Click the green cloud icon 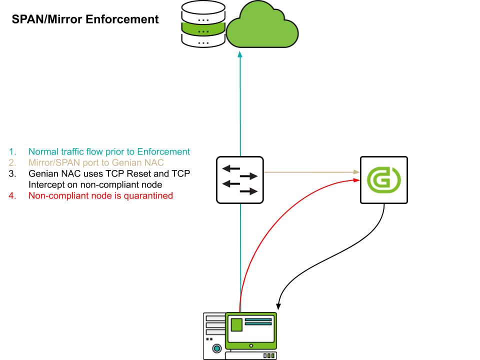(262, 27)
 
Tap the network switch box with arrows (240, 179)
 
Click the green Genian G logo (383, 180)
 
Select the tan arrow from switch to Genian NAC (310, 172)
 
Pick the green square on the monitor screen (235, 324)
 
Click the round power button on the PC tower (217, 348)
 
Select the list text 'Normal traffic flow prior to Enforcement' (109, 151)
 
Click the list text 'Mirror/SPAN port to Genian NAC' (96, 162)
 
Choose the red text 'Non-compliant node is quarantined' (100, 195)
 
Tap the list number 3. (12, 173)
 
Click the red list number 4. (12, 195)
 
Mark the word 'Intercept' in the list (45, 184)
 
